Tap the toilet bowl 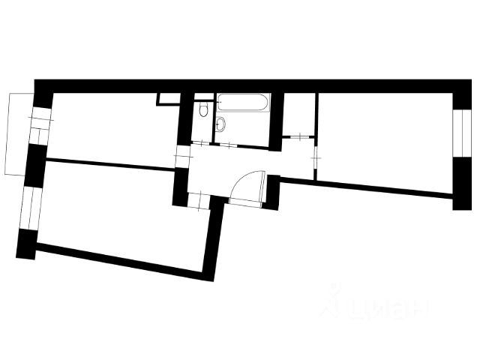203,112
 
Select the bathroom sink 221,125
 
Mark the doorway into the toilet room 201,142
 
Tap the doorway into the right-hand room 315,159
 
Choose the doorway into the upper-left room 180,156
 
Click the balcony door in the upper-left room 38,125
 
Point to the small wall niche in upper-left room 166,98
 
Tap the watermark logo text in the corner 375,306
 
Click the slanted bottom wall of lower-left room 120,259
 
